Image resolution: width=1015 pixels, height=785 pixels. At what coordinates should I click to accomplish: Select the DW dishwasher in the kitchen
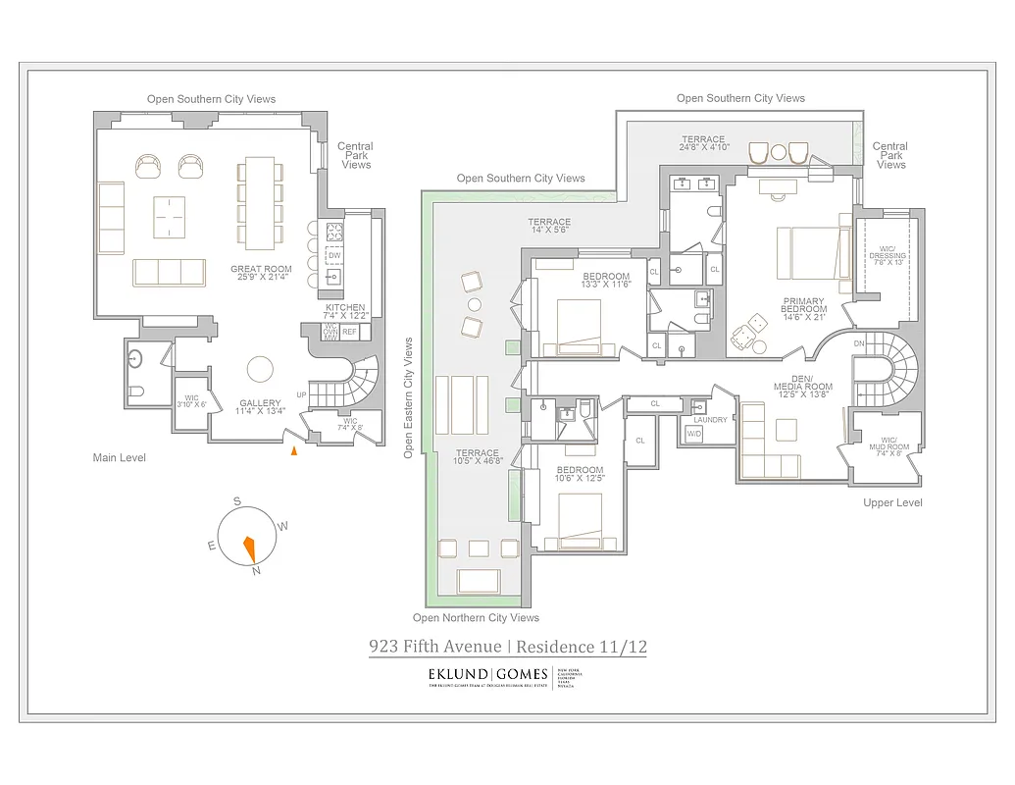334,255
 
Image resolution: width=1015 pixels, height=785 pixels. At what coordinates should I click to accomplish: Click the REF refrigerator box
350,332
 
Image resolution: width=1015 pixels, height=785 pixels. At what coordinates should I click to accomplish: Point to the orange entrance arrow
293,450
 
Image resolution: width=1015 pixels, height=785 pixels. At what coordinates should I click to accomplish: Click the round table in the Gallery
261,369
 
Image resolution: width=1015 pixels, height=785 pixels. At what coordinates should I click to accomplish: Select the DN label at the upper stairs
860,343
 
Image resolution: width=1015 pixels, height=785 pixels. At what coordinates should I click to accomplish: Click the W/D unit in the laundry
694,433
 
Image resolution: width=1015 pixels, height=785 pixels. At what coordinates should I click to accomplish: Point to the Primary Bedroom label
803,305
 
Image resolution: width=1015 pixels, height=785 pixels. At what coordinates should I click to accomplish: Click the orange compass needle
250,547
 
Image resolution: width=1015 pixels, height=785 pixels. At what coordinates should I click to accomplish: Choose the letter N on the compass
256,571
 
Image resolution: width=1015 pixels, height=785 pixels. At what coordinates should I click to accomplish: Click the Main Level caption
120,458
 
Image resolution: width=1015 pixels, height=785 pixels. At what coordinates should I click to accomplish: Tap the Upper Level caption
892,503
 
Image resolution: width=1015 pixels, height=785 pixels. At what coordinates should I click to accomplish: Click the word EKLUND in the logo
459,675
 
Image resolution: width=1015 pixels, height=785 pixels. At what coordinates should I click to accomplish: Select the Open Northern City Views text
476,618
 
